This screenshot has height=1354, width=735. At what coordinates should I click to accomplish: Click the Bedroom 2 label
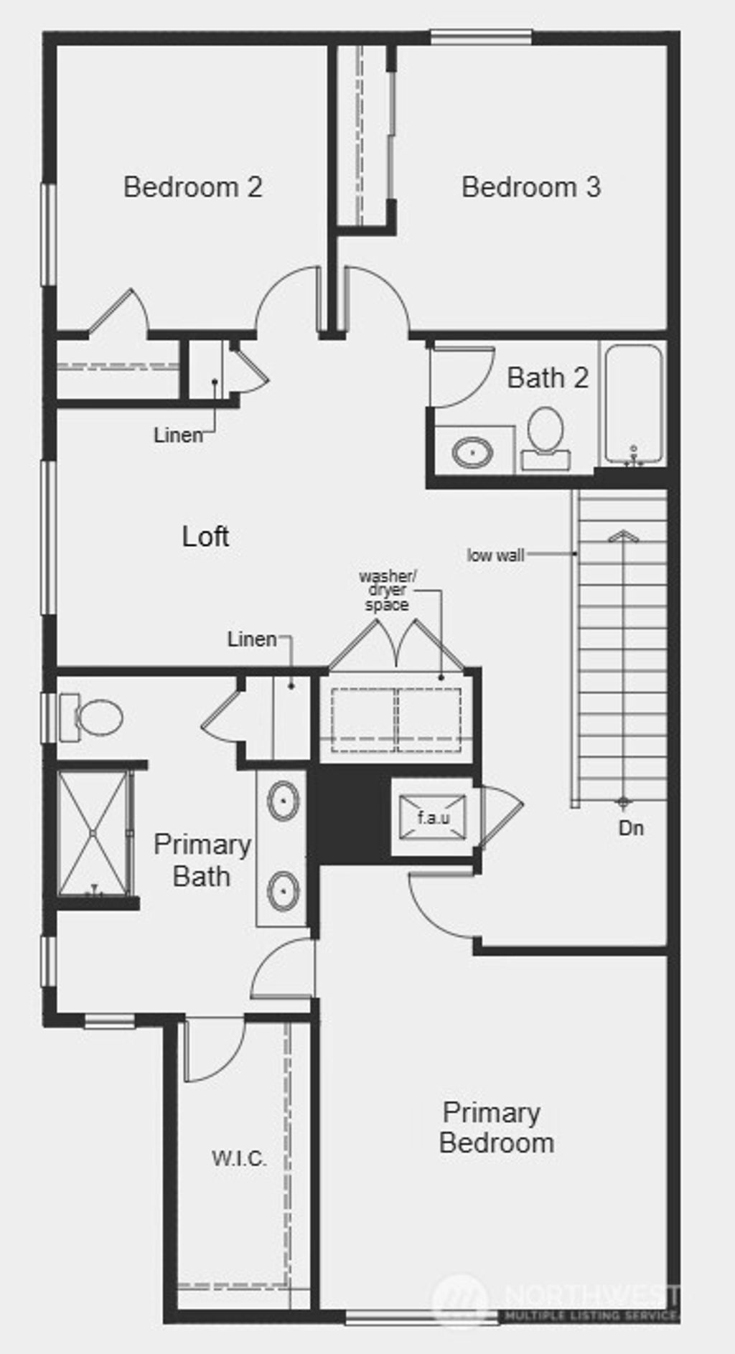tap(192, 187)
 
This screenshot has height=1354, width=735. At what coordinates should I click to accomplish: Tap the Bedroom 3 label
tap(530, 187)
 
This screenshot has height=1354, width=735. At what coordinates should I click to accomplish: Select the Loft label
tap(205, 537)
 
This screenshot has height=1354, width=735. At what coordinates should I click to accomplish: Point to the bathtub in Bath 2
tap(632, 405)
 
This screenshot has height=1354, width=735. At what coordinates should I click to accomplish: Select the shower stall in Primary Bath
tap(94, 832)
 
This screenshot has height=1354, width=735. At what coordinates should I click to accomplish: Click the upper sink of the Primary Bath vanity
tap(283, 799)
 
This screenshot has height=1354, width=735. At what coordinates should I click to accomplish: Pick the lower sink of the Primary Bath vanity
tap(283, 890)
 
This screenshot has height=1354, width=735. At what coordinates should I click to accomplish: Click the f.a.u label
tap(433, 818)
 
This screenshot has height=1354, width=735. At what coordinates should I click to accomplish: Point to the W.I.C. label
tap(239, 1158)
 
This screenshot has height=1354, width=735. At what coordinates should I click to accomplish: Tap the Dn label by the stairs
tap(631, 829)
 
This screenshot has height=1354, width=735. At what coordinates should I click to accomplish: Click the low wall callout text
tap(495, 555)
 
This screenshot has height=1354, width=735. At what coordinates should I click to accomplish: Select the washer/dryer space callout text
tap(387, 591)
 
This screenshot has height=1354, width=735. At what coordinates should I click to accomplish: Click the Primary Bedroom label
tap(495, 1128)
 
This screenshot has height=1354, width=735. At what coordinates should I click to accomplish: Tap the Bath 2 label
tap(548, 378)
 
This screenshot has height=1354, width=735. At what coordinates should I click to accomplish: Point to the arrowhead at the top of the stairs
tap(623, 536)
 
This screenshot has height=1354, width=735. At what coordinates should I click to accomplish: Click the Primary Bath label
tap(202, 860)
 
